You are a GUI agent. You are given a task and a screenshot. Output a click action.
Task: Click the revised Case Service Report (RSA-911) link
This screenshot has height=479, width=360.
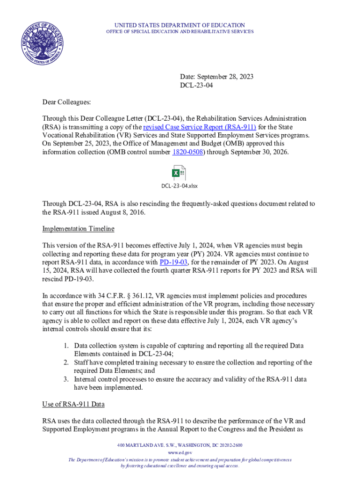200,127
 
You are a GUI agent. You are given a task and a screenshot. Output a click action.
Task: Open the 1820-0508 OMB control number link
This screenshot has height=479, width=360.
187,152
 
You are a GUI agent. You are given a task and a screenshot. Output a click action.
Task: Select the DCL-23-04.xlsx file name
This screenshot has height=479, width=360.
180,186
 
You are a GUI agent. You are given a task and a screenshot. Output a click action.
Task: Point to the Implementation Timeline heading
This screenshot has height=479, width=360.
78,229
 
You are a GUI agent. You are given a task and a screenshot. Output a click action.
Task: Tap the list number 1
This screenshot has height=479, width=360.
67,346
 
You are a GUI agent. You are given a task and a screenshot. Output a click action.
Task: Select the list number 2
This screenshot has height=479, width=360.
67,363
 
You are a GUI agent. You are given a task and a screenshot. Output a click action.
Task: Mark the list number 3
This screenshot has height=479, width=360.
67,379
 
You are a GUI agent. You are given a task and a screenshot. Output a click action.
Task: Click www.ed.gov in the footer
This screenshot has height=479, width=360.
180,453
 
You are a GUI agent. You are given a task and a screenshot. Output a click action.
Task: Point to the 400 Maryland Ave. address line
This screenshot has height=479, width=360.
180,445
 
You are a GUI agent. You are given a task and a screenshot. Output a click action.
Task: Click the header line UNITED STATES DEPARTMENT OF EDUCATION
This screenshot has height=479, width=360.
179,25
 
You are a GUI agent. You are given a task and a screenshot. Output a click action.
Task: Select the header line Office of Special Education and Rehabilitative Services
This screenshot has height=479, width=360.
180,32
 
